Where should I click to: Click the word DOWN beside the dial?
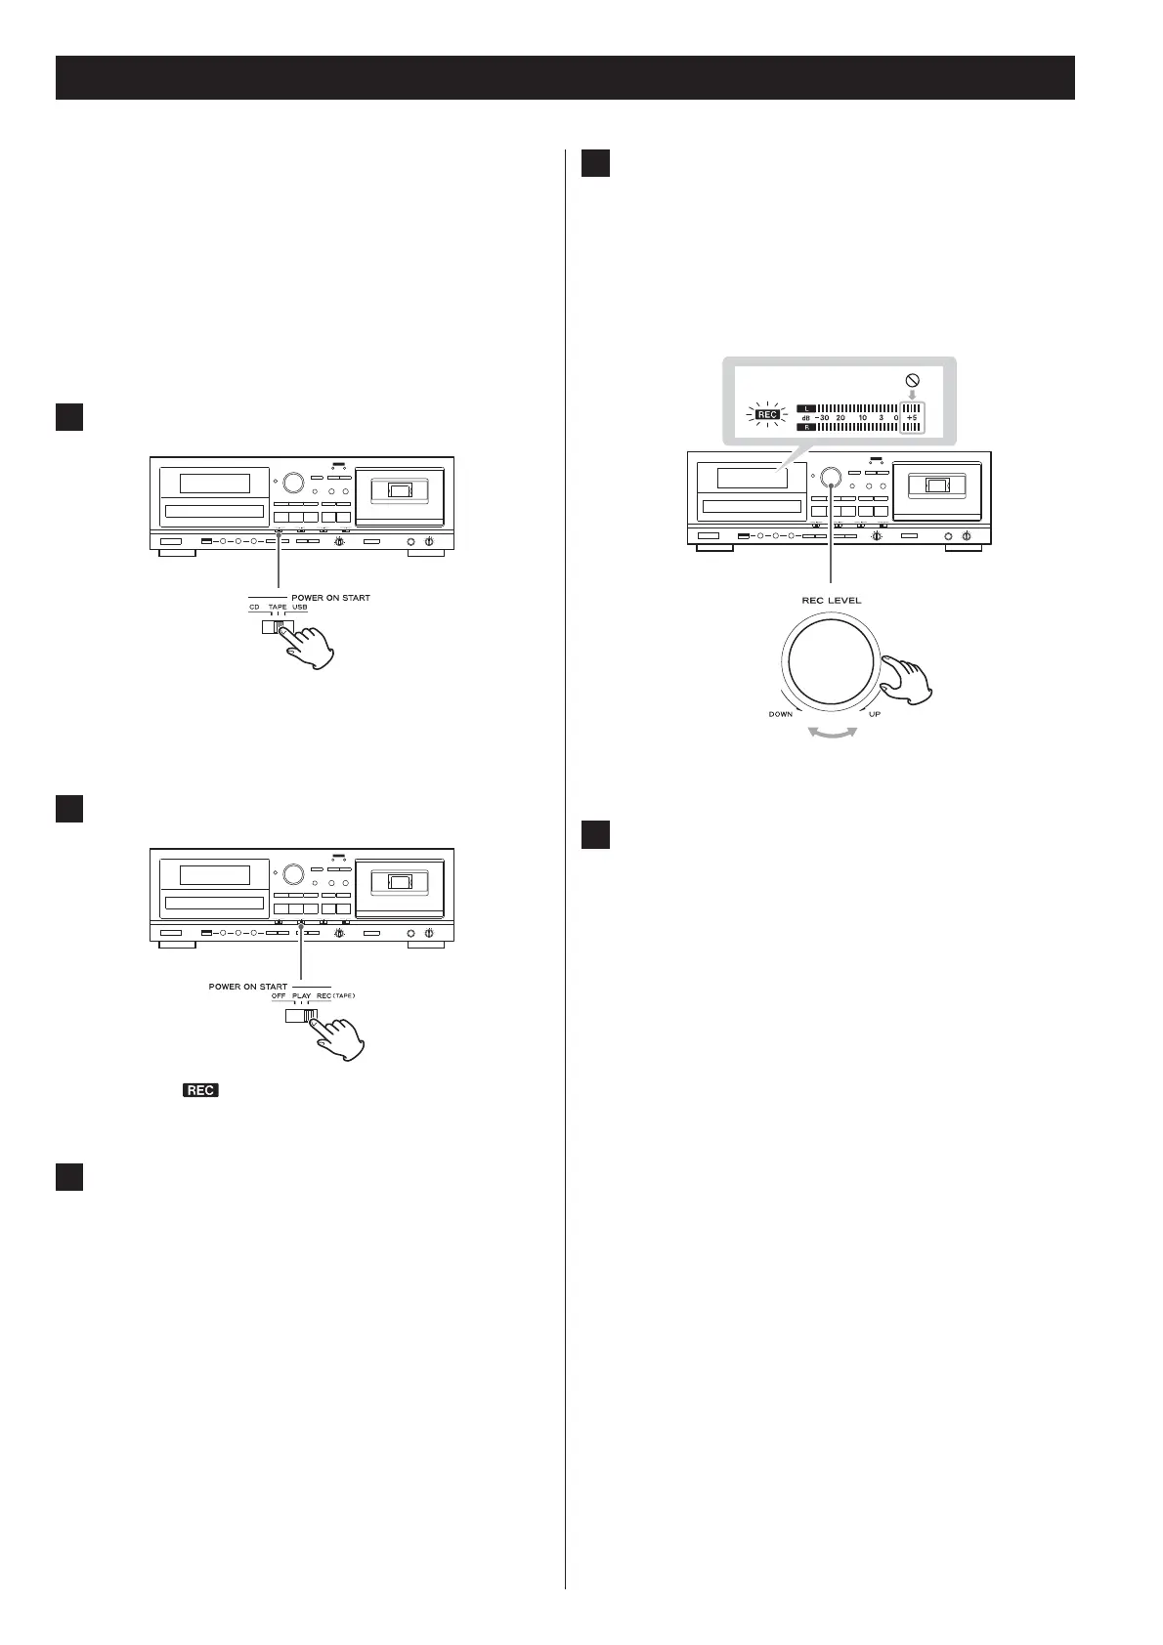point(781,714)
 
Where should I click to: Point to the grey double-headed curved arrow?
point(828,733)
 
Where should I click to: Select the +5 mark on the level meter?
point(912,417)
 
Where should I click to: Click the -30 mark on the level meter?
point(821,417)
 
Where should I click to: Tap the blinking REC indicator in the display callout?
point(768,415)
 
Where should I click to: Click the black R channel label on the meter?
point(805,427)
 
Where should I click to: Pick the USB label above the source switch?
point(299,608)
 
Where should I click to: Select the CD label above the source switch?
point(254,608)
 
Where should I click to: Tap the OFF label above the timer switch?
point(279,996)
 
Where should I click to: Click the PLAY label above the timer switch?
point(301,996)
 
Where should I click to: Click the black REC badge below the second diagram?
point(199,1090)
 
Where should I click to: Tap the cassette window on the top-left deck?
point(399,489)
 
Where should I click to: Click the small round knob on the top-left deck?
point(292,482)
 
